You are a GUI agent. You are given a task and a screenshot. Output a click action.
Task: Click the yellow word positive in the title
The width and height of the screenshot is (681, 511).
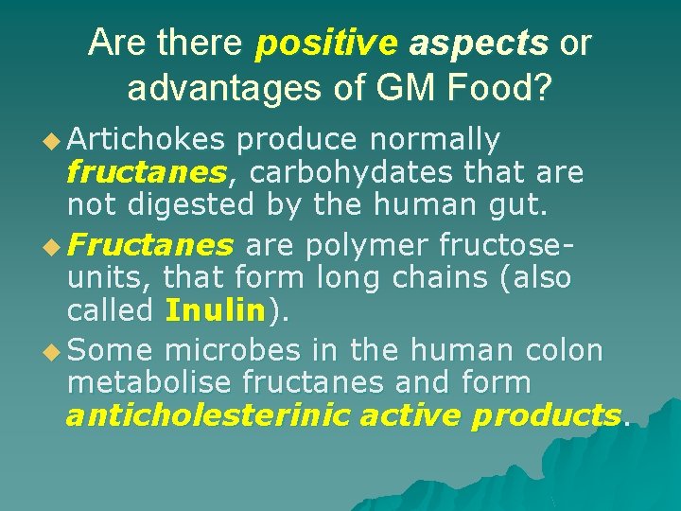point(326,43)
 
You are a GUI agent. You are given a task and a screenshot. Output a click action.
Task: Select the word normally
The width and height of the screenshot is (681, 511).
point(434,141)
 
